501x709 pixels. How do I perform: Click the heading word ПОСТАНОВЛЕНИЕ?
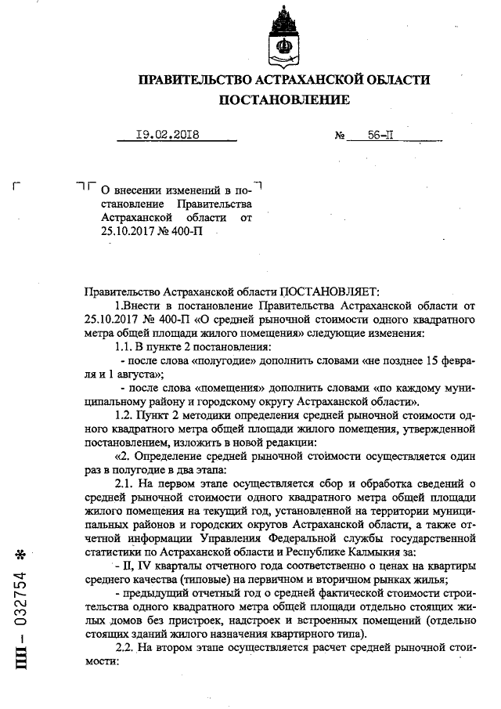[x=284, y=99]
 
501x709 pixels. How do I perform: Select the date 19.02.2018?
[x=167, y=135]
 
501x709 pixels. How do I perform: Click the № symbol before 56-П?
[x=341, y=136]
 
